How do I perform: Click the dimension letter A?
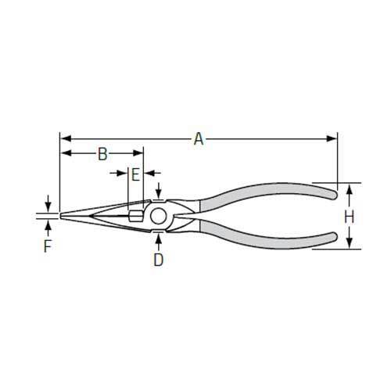click(x=199, y=139)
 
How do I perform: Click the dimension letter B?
click(x=102, y=154)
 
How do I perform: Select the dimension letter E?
click(x=135, y=174)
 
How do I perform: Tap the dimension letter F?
click(x=48, y=247)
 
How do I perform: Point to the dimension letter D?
click(x=158, y=260)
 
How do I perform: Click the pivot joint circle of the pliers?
click(x=158, y=215)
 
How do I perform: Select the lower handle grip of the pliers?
click(x=266, y=233)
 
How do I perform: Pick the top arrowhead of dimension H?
click(x=350, y=187)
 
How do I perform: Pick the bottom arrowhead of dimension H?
click(x=350, y=246)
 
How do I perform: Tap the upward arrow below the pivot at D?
click(x=158, y=235)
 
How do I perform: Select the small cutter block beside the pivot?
click(x=135, y=215)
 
